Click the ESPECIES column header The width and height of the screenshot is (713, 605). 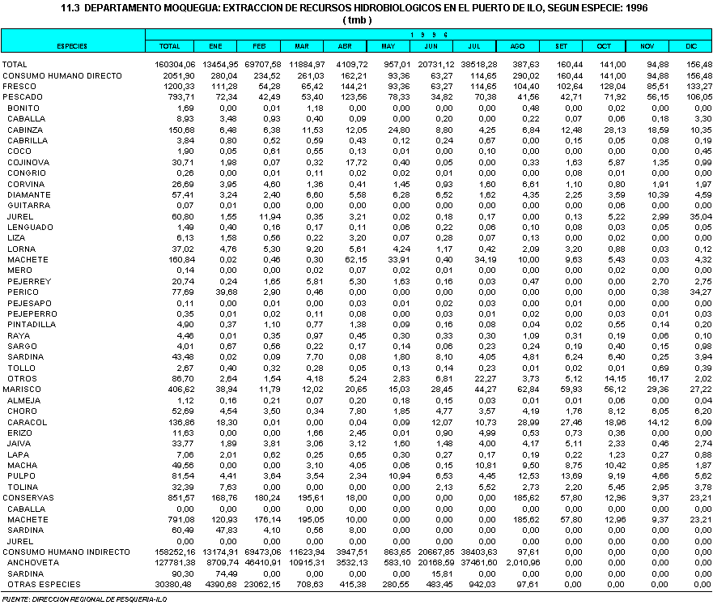click(x=72, y=47)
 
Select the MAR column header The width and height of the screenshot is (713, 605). click(x=302, y=47)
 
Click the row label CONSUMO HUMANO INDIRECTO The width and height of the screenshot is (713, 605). click(x=66, y=552)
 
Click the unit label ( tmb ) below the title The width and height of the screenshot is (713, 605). click(x=356, y=19)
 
